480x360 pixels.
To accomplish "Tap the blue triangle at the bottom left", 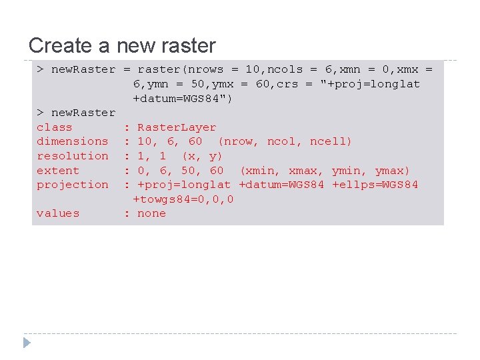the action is tap(27, 343).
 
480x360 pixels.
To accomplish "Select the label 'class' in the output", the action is tap(55, 127).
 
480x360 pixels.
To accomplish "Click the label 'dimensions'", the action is tap(72, 141).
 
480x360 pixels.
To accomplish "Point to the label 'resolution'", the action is tap(72, 156).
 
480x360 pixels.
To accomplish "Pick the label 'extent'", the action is tap(58, 171).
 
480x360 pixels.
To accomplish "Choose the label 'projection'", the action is tap(72, 185).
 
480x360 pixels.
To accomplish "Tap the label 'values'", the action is tap(58, 213).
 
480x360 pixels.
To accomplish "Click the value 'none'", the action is tap(151, 213).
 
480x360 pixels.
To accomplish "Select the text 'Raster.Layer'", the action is tap(177, 127).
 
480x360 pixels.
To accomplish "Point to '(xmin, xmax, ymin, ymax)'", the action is tap(325, 171).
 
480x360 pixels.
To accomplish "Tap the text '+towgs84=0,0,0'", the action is tap(183, 199).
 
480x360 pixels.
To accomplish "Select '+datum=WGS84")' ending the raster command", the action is tap(183, 99).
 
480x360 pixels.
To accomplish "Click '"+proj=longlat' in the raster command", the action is tap(371, 84).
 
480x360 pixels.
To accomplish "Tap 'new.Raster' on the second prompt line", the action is tap(83, 113).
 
